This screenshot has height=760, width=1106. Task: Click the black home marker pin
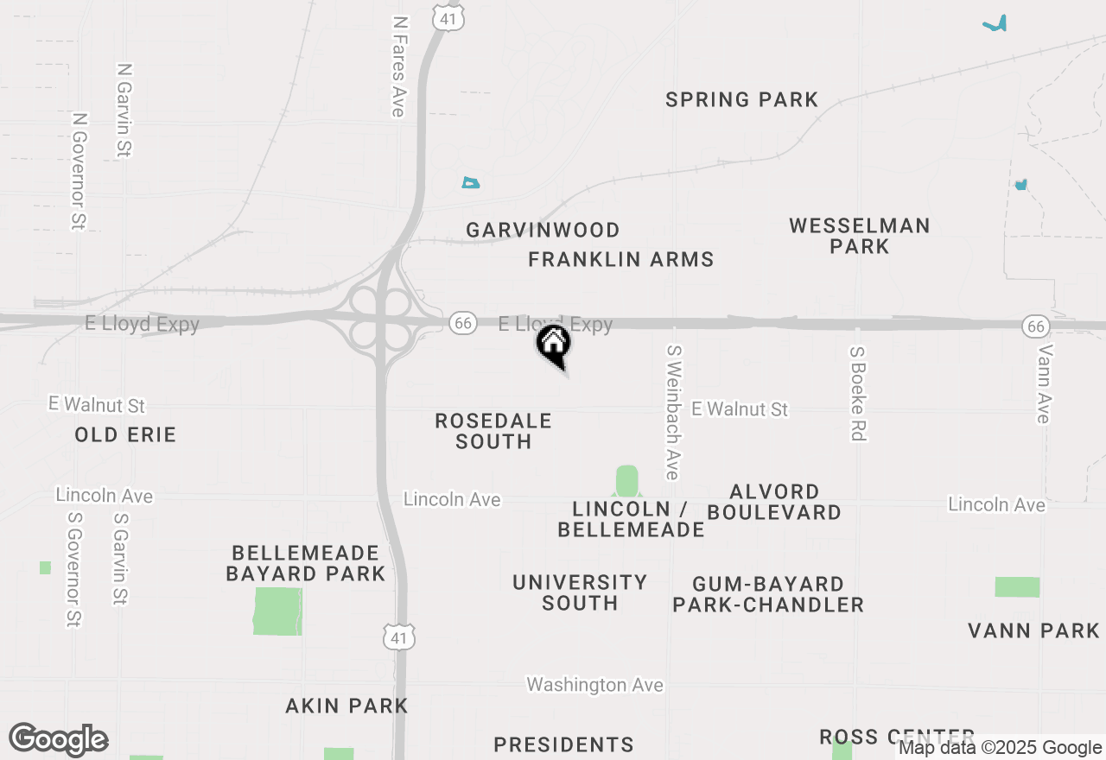coord(554,345)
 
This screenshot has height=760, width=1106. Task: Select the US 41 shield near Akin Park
coord(398,637)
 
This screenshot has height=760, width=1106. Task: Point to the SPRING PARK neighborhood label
coord(741,100)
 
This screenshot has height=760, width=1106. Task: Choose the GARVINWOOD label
coord(543,231)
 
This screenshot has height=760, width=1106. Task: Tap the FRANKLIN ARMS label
coord(620,260)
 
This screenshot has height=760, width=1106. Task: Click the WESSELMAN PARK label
coord(859,236)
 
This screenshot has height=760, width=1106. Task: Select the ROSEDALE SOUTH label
coord(493,431)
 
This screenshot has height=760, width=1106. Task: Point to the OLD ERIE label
coord(125,434)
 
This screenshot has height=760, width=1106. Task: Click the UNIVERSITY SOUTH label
coord(580,592)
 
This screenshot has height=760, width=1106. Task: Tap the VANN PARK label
coord(1033,630)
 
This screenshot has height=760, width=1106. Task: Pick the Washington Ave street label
coord(594,685)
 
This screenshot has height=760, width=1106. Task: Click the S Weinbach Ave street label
coord(672,413)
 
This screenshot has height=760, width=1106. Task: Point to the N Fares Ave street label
coord(398,66)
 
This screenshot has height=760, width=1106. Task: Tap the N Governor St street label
coord(79,171)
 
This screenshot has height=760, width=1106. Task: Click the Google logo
coord(58,739)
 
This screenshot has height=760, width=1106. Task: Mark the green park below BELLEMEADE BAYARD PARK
coord(277,611)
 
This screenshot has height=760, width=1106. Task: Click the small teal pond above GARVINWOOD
coord(470,182)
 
